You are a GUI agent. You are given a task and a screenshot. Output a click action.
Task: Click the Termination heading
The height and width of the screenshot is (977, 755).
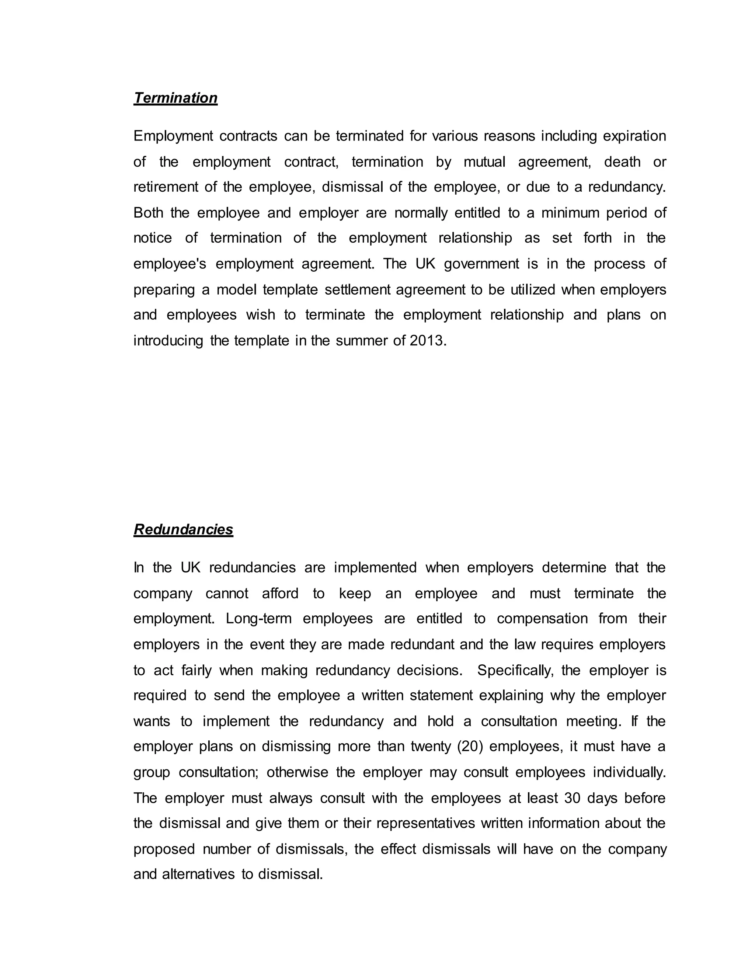tap(175, 98)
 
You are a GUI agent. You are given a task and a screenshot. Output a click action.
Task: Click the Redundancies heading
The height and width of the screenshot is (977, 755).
tap(183, 530)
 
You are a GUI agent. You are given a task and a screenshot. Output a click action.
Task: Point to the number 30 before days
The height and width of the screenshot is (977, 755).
tap(572, 798)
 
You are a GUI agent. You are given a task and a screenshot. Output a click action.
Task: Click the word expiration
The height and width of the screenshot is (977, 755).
tap(634, 136)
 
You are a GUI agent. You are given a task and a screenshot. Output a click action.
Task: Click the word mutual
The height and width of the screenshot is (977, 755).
tap(484, 162)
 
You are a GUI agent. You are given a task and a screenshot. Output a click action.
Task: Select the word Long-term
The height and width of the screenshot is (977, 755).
tap(258, 619)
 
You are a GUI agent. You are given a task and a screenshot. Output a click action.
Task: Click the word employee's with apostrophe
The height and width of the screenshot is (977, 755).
tap(170, 264)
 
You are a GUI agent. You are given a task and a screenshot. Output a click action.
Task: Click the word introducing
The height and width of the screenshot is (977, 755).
tap(168, 341)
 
